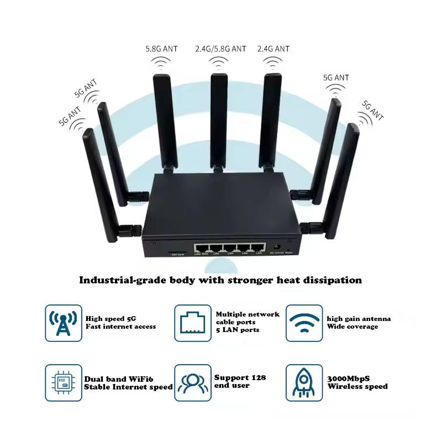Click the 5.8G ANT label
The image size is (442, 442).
click(161, 49)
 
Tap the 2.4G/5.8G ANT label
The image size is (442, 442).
click(220, 49)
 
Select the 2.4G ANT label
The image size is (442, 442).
click(273, 49)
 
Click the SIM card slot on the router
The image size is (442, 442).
click(177, 249)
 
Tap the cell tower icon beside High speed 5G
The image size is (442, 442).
click(63, 323)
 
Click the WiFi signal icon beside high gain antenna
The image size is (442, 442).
click(304, 323)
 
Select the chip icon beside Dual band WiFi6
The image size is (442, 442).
click(63, 382)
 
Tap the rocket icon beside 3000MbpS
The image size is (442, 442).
click(304, 382)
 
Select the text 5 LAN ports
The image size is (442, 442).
click(238, 330)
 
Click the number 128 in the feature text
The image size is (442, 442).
click(259, 377)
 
